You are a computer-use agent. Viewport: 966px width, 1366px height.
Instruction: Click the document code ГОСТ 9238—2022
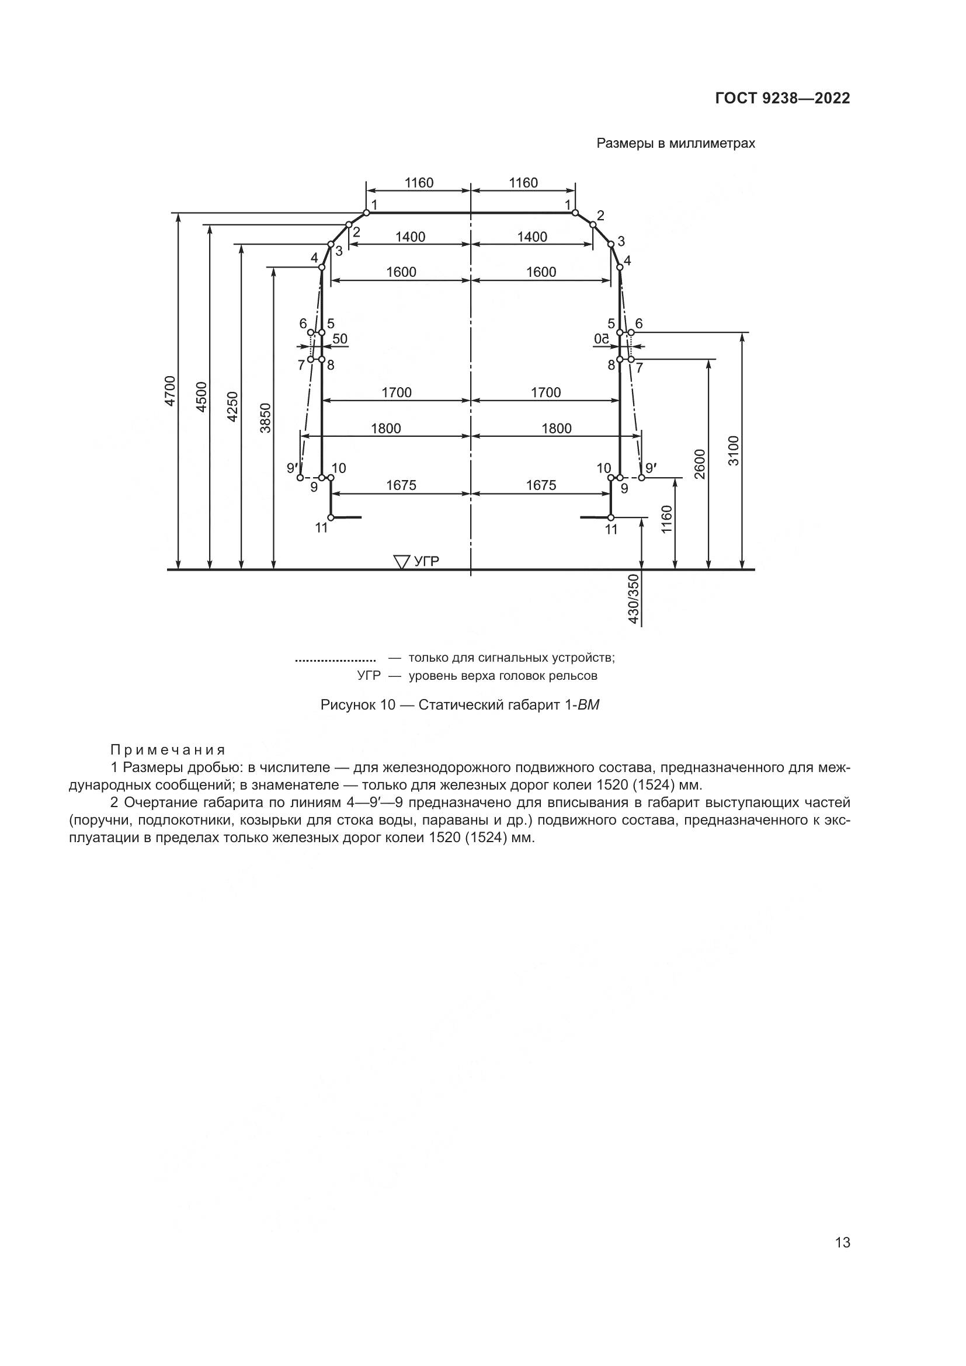coord(782,99)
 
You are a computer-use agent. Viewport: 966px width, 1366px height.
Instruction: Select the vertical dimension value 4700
coord(170,391)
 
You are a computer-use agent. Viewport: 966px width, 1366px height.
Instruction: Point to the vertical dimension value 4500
coord(201,396)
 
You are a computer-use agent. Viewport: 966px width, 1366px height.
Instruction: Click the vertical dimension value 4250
coord(233,407)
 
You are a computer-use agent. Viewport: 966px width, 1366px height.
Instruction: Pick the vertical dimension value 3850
coord(266,418)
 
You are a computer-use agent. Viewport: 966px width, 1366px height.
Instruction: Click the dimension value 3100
coord(734,450)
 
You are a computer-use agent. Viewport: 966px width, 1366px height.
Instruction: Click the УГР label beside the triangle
coord(426,561)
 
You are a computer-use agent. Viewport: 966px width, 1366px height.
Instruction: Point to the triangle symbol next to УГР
coord(402,562)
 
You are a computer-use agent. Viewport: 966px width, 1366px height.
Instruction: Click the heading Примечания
coord(168,749)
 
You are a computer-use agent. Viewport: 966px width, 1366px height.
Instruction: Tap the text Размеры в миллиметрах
coord(676,144)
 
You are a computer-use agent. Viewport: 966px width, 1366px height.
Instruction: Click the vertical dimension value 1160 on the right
coord(666,519)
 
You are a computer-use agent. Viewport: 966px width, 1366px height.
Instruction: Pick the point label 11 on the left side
coord(321,528)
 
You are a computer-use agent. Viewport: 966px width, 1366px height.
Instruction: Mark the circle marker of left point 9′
coord(300,477)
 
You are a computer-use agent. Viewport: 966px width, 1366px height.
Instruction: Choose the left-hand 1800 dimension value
coord(386,428)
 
